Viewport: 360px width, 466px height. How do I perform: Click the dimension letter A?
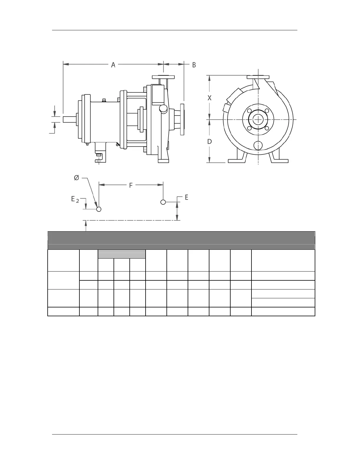[x=113, y=64]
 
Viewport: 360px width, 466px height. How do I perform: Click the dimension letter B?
[x=194, y=65]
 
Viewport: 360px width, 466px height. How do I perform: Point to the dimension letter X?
[x=209, y=98]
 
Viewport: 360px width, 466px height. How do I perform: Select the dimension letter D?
[x=209, y=141]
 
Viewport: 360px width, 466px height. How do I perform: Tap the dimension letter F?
[x=131, y=185]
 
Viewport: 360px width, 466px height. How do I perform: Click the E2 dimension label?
[x=75, y=199]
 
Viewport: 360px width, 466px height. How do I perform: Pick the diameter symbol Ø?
[x=76, y=178]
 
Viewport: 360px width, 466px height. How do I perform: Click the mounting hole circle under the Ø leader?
[x=99, y=209]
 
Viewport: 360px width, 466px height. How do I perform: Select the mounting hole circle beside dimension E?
[x=163, y=202]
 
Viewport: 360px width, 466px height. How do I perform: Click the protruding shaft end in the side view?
[x=69, y=119]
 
